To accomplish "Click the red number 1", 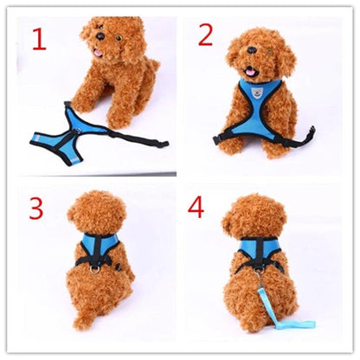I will click(x=39, y=39).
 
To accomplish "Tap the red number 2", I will click(x=205, y=35).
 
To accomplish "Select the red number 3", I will click(x=35, y=209).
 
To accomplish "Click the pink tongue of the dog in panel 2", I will click(x=250, y=74).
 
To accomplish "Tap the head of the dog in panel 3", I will click(x=96, y=211).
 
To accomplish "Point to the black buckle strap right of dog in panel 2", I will click(x=303, y=132).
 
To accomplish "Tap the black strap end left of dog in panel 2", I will click(x=219, y=138).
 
